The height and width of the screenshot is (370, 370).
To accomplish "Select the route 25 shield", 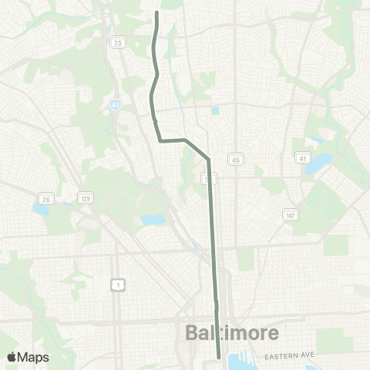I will (117, 42).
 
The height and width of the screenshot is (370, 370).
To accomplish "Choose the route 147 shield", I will (289, 214).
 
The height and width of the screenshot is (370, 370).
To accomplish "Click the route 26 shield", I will (46, 199).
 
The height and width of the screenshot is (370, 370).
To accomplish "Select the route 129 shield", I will (85, 199).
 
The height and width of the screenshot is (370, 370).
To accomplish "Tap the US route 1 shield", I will (117, 285).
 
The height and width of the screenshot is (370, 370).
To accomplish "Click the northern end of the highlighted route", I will (157, 12).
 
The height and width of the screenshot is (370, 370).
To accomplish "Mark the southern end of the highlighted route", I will (219, 357).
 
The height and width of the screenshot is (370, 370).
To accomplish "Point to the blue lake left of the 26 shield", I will (39, 208).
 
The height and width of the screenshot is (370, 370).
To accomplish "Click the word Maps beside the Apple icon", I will (33, 356).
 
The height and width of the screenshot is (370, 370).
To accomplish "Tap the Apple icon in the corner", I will (11, 356).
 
